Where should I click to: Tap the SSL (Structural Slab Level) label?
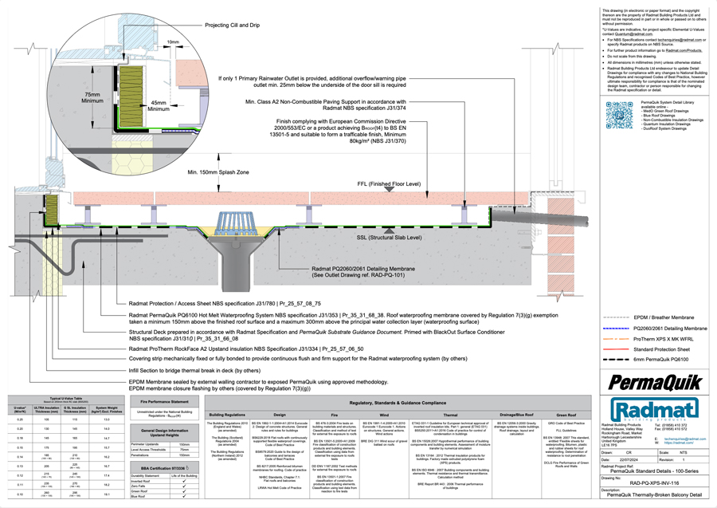pyautogui.click(x=384, y=238)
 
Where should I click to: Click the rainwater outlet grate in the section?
pyautogui.click(x=241, y=219)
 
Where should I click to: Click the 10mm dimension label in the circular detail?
pyautogui.click(x=174, y=41)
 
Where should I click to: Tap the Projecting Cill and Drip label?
pyautogui.click(x=233, y=25)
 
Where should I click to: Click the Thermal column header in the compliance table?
pyautogui.click(x=451, y=415)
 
